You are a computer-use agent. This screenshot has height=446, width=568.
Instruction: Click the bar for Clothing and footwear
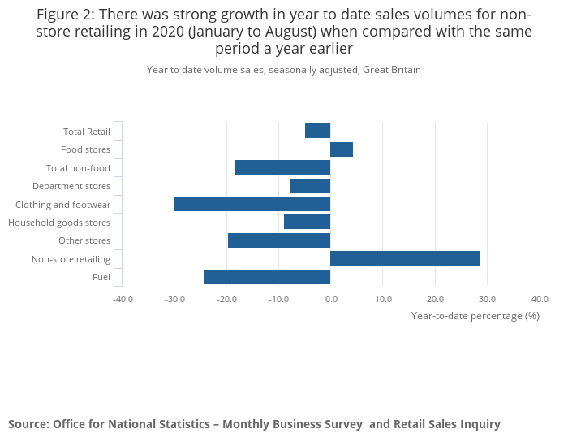252,204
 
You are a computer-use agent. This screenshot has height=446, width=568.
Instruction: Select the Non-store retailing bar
405,258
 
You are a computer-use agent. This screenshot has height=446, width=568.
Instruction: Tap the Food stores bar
342,149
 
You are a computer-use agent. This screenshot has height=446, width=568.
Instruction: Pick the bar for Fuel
267,277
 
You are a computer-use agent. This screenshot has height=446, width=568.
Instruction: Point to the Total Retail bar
317,131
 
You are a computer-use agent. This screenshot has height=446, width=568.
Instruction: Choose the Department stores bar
310,186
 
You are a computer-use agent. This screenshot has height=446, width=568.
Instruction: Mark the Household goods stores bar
307,222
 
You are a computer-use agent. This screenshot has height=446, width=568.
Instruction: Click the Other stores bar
279,240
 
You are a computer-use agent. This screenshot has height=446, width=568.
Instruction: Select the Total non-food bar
282,167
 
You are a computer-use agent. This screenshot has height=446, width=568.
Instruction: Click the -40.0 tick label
123,299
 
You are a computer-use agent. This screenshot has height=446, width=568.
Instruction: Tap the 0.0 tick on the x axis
330,299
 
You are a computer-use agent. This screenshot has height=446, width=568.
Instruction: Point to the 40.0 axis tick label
540,299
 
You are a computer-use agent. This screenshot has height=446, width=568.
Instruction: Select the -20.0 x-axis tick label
226,299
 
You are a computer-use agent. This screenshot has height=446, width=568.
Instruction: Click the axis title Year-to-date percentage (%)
475,315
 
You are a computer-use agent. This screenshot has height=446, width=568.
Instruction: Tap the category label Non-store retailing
71,259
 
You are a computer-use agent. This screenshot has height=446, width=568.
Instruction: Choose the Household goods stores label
59,223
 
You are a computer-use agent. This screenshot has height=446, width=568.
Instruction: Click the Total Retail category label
86,132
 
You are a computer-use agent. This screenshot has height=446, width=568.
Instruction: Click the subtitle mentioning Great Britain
284,70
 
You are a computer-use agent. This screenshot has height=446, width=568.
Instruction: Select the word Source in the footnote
28,424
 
